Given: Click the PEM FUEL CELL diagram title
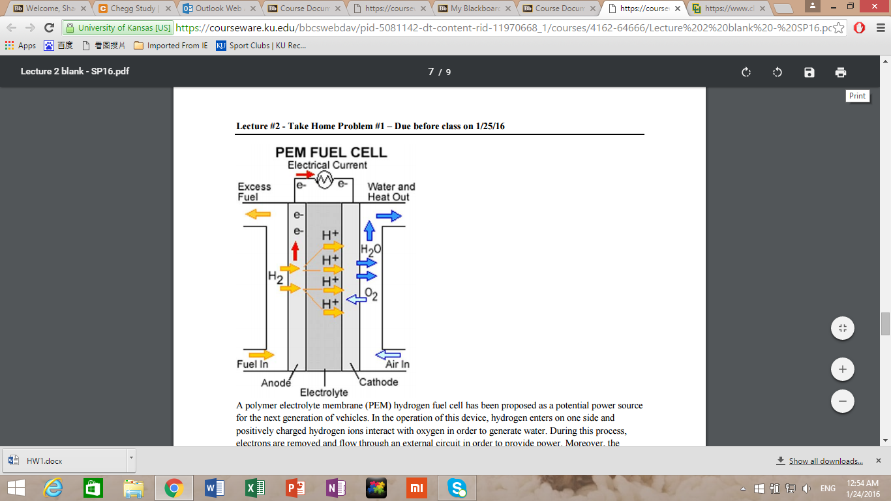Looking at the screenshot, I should pos(331,152).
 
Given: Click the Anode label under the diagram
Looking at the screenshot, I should pos(275,382).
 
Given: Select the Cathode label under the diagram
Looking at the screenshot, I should pos(378,382).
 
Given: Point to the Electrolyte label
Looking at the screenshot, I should pos(324,392).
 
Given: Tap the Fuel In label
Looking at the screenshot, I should pos(252,364).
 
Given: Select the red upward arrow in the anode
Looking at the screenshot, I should pos(295,251).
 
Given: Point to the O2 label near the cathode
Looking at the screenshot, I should pos(370,294).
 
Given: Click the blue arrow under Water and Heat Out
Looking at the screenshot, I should pos(389,216).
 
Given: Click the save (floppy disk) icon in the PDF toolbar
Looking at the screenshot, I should pos(809,72).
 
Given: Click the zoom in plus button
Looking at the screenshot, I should pos(842,369).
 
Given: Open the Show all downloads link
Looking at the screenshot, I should pos(825,461).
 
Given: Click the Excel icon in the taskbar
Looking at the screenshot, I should pos(254,487).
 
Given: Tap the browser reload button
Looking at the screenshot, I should pos(49,27).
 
